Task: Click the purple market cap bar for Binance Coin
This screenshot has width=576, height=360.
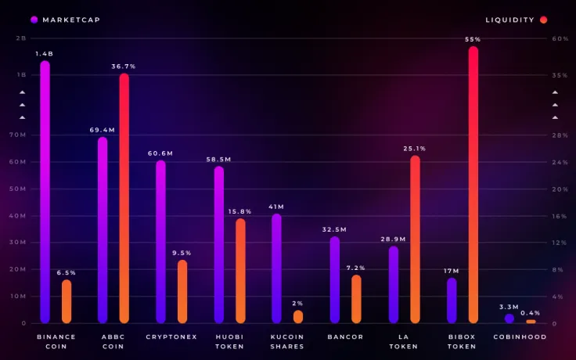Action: (x=45, y=192)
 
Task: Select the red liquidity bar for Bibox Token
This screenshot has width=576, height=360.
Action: (x=473, y=185)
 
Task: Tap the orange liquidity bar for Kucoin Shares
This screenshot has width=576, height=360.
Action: (x=298, y=316)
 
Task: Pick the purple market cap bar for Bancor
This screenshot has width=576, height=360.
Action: (x=334, y=279)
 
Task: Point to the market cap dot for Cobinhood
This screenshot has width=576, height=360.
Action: (x=509, y=319)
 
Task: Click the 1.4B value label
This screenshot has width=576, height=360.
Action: (x=45, y=53)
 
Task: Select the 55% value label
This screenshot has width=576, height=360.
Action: (x=473, y=39)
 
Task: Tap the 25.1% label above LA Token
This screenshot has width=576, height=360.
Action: (x=415, y=148)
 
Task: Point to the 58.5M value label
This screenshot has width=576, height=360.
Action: (x=218, y=159)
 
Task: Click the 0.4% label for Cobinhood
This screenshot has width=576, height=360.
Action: (x=531, y=312)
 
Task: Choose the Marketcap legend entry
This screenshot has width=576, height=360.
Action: (x=66, y=20)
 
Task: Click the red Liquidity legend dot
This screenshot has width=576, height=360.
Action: (x=543, y=20)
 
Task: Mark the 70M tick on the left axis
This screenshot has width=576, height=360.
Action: (x=17, y=135)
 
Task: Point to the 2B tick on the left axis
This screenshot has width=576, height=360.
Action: (x=21, y=38)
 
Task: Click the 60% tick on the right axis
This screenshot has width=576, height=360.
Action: (x=560, y=38)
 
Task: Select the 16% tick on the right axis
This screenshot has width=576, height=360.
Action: (x=560, y=215)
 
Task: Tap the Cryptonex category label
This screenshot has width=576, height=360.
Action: (x=171, y=337)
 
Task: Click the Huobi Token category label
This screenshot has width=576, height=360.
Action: (x=229, y=341)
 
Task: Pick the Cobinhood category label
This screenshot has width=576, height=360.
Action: (x=520, y=337)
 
